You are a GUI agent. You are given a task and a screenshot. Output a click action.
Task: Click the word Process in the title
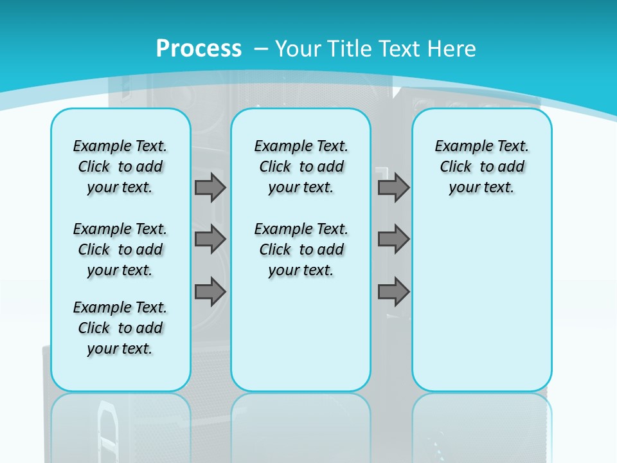click(x=199, y=48)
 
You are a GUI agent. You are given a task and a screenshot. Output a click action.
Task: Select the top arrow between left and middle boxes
click(x=210, y=187)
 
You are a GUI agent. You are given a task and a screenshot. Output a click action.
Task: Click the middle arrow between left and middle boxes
click(x=210, y=239)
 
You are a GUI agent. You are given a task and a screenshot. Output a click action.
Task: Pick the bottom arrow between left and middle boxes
click(x=210, y=291)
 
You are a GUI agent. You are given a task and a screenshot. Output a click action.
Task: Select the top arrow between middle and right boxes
click(x=393, y=187)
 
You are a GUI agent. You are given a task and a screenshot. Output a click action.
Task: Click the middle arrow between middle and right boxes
click(x=393, y=239)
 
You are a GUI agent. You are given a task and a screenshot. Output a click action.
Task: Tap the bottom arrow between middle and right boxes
click(x=393, y=291)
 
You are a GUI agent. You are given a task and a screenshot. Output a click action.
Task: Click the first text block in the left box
click(x=120, y=167)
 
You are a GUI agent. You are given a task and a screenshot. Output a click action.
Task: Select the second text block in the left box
click(x=120, y=250)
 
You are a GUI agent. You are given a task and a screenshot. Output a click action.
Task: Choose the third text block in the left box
click(x=120, y=328)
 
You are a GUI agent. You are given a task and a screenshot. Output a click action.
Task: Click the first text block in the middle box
click(x=301, y=167)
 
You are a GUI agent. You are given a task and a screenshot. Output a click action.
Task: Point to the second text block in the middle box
click(x=301, y=250)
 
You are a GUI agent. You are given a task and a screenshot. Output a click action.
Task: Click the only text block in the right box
click(x=481, y=167)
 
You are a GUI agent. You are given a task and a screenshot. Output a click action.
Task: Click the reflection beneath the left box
click(x=121, y=424)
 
